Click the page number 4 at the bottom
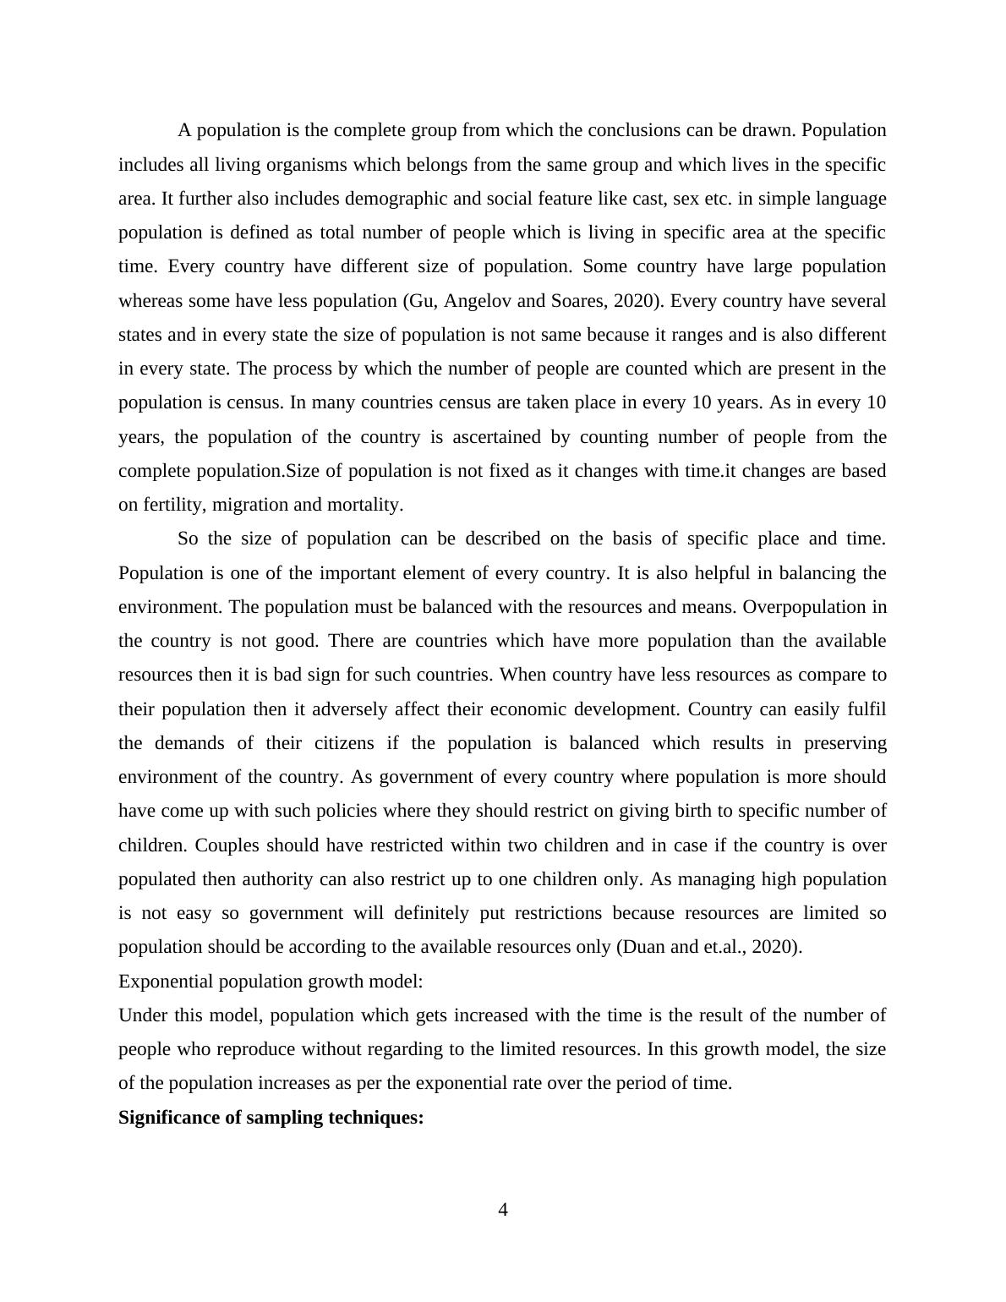[503, 1210]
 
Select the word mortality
[364, 505]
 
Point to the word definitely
[416, 913]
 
